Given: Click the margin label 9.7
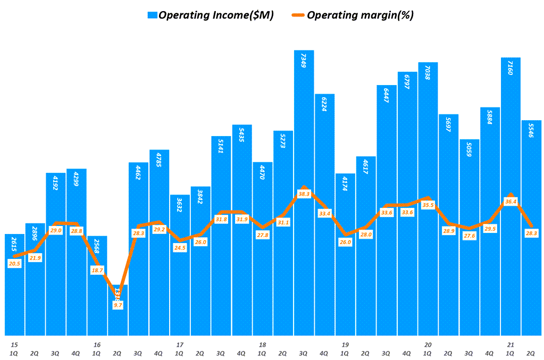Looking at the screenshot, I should (x=118, y=305).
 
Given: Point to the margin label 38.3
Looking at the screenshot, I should (x=304, y=195).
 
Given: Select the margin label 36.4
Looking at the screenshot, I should (x=510, y=202).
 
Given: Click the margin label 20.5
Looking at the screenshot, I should (x=14, y=263).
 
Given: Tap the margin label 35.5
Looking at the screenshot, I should (x=428, y=205).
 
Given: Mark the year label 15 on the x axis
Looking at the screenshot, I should (x=14, y=345).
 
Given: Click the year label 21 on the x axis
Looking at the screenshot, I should (x=510, y=345).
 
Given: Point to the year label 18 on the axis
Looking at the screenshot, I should (x=262, y=345).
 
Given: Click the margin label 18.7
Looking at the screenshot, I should (x=97, y=271).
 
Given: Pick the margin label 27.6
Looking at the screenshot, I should (x=469, y=236).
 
